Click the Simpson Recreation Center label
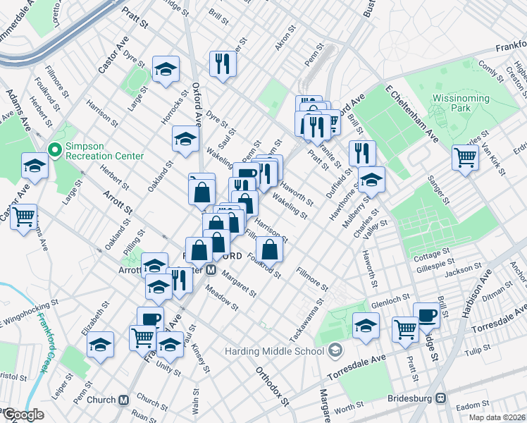click(x=104, y=151)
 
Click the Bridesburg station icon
click(x=442, y=398)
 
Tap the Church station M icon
click(x=124, y=400)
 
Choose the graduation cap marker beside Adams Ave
click(x=35, y=166)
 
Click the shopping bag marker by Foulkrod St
click(x=270, y=248)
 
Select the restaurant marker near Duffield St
click(x=361, y=152)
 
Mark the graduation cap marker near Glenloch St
click(x=366, y=326)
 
